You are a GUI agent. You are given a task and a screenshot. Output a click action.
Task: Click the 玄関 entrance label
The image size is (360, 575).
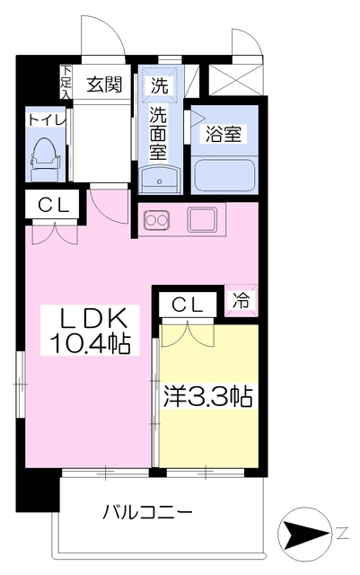tap(104, 85)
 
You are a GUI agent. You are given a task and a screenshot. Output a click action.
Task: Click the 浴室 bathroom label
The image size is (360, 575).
tap(222, 133)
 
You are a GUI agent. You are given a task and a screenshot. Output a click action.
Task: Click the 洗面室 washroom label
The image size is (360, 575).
tap(159, 132)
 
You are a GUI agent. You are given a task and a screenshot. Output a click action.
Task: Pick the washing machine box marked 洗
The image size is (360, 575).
tap(159, 87)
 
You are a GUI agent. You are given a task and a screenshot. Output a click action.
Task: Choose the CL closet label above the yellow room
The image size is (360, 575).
tap(188, 303)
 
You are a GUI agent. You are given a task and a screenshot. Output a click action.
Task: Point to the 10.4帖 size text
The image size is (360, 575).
tap(96, 341)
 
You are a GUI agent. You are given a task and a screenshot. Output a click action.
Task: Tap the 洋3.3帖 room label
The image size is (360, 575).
tap(207, 394)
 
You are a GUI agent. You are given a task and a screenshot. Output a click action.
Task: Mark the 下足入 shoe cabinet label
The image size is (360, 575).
tap(66, 82)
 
